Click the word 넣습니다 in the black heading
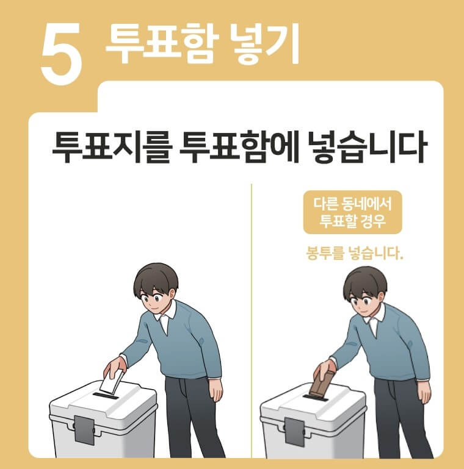361,148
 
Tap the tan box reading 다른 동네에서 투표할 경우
352,213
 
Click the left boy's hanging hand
215,388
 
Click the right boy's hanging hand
424,392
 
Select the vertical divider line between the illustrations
252,317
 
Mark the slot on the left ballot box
106,396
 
